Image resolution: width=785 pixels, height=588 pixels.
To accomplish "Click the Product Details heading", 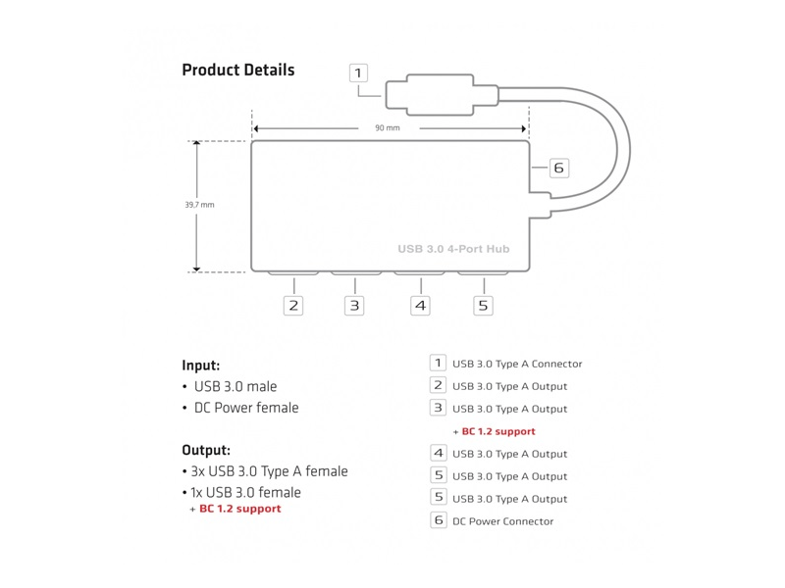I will tap(237, 71).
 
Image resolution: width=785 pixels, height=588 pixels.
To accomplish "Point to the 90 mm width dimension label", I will tap(387, 128).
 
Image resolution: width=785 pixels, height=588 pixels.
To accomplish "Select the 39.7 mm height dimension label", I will tap(199, 205).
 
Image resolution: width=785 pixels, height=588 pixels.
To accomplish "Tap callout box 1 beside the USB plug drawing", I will tap(358, 73).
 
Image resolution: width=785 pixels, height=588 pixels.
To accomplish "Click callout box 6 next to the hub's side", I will tap(558, 168).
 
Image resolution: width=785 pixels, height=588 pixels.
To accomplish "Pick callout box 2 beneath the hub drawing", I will tap(293, 306).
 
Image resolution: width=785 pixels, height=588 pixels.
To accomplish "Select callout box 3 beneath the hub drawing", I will tap(354, 306).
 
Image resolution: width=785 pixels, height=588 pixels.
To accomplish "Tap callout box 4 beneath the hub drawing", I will tap(420, 306).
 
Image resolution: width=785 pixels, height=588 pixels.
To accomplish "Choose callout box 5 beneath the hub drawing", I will tap(483, 306).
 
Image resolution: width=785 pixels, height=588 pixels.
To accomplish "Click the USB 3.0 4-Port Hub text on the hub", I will tap(453, 249).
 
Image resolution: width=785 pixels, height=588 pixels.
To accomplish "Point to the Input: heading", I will tap(200, 366).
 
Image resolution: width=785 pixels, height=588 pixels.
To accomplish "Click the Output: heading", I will tap(206, 451).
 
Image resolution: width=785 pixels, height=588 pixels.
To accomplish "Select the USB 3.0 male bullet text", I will tap(235, 387).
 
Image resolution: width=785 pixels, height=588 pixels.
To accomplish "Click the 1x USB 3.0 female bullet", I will tap(247, 492).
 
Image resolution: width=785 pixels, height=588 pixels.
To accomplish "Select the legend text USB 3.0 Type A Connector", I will tap(517, 364).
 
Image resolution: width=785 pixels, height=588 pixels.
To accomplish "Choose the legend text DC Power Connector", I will tap(502, 521).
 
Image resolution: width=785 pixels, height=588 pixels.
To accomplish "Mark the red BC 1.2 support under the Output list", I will tap(239, 509).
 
